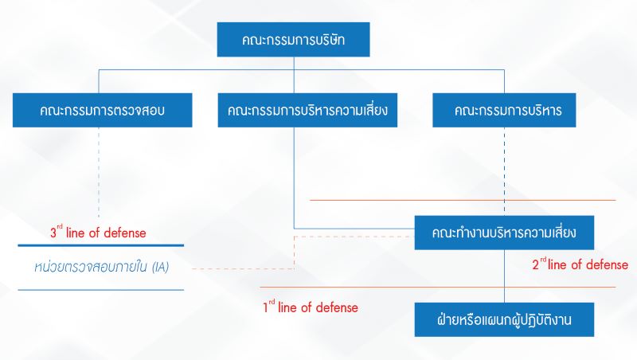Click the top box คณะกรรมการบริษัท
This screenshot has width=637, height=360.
click(294, 38)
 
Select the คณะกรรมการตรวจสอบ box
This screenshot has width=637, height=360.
click(101, 110)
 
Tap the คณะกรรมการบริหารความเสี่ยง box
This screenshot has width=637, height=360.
click(307, 110)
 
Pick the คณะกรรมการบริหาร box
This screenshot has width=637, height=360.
click(504, 110)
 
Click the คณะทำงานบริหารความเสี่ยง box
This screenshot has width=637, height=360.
click(503, 233)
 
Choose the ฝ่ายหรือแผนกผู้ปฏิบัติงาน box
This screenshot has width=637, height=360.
click(504, 319)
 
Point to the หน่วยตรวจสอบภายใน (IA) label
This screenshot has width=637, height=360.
click(101, 267)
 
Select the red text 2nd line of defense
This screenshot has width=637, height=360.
click(580, 264)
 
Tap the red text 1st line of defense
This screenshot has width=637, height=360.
click(311, 307)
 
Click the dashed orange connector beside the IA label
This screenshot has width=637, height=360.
click(239, 268)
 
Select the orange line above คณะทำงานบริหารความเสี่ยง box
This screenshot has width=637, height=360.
click(462, 200)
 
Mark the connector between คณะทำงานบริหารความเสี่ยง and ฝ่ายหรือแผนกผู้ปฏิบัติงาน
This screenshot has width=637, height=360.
click(504, 275)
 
